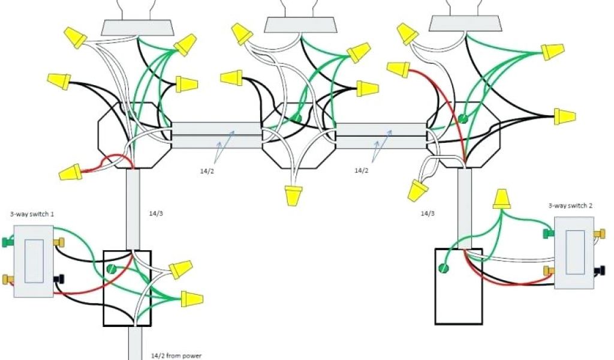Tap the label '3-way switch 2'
pyautogui.click(x=570, y=205)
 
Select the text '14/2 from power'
pyautogui.click(x=174, y=355)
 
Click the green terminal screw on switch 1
pyautogui.click(x=8, y=242)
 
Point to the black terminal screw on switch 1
pyautogui.click(x=59, y=279)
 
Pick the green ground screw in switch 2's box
pyautogui.click(x=443, y=268)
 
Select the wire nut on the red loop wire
pyautogui.click(x=70, y=173)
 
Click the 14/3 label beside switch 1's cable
pyautogui.click(x=155, y=214)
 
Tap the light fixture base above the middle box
pyautogui.click(x=300, y=25)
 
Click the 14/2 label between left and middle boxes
pyautogui.click(x=206, y=172)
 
